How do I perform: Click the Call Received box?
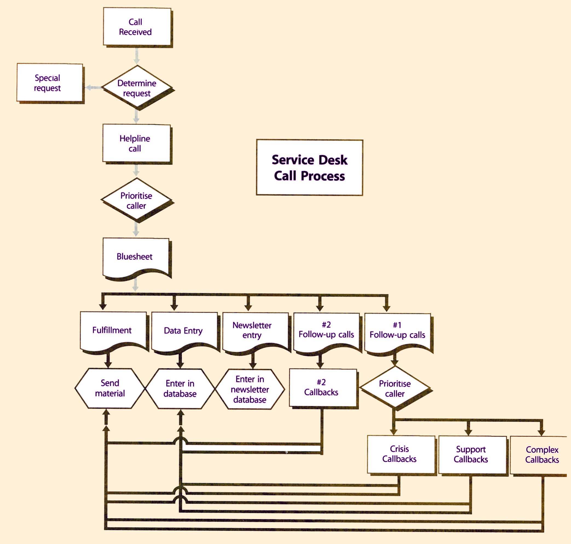click(x=137, y=27)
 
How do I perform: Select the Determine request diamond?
click(x=137, y=88)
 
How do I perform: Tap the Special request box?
click(x=50, y=83)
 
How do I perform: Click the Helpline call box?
click(x=136, y=143)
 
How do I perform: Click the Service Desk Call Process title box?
click(x=309, y=168)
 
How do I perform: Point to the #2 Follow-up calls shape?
click(x=326, y=331)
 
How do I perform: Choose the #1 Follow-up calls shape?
click(x=397, y=331)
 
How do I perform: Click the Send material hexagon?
click(x=110, y=388)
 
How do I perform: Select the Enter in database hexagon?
click(x=180, y=389)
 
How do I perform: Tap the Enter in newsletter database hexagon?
click(x=250, y=389)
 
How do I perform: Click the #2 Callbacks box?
click(x=323, y=388)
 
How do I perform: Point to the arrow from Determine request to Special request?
click(x=94, y=87)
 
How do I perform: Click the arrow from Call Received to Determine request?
click(x=137, y=56)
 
